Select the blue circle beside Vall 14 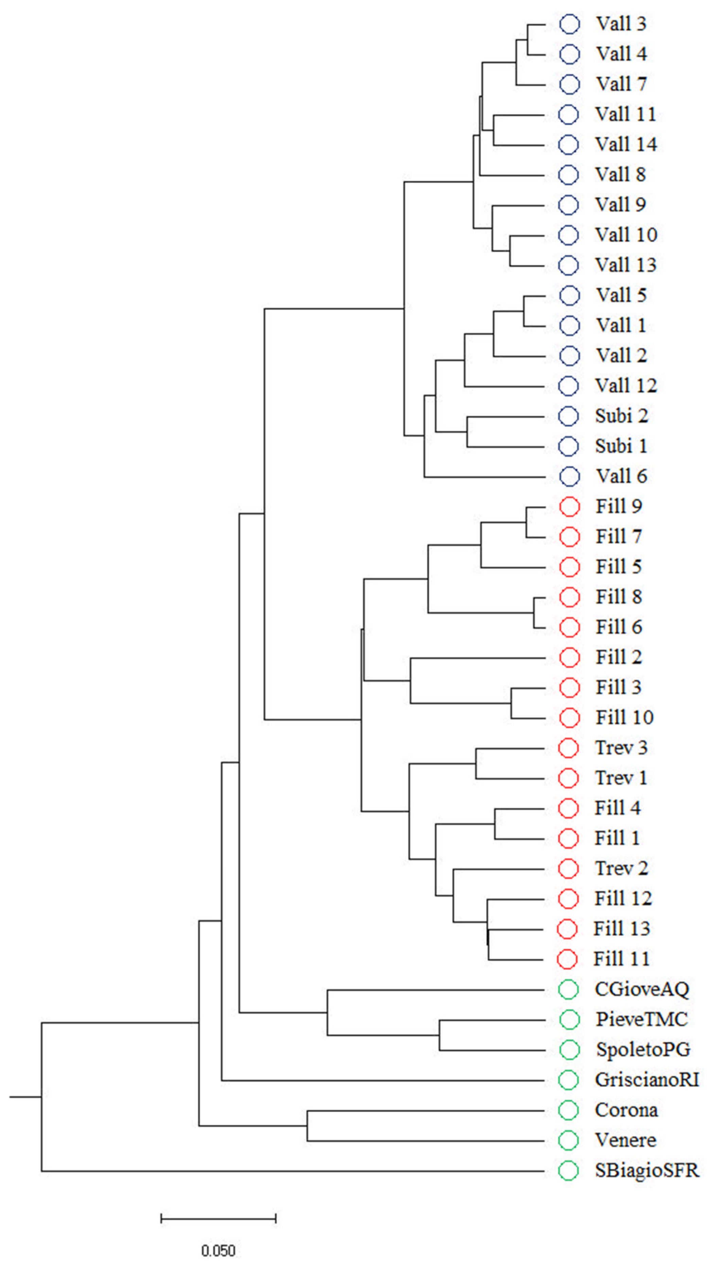[x=569, y=144]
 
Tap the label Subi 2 [x=621, y=416]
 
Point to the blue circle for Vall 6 [x=569, y=476]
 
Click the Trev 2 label [x=621, y=869]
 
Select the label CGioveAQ [x=642, y=989]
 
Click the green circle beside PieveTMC [x=569, y=1019]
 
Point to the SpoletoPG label [x=643, y=1049]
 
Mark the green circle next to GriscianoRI [x=569, y=1080]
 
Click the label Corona [x=626, y=1110]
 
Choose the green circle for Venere [x=569, y=1140]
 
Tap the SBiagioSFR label [x=647, y=1171]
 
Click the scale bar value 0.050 [x=218, y=1251]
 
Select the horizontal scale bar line [x=218, y=1218]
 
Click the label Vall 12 [x=626, y=386]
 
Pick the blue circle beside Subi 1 [x=569, y=446]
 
